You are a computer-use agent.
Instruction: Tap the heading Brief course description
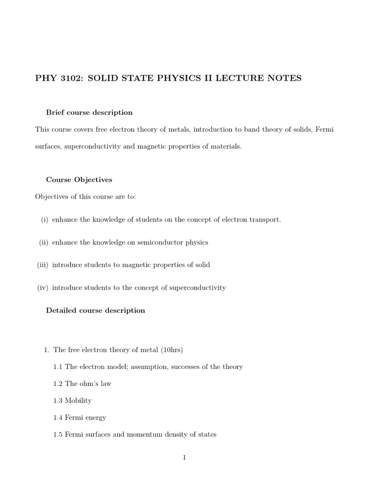click(x=89, y=112)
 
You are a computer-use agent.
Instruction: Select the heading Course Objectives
click(x=79, y=180)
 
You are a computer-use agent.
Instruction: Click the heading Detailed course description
click(x=95, y=310)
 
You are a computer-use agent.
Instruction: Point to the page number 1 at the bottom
click(x=184, y=457)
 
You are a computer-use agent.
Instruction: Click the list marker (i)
click(x=45, y=220)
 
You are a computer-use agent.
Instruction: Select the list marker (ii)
click(x=44, y=242)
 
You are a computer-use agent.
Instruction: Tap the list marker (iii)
click(x=43, y=265)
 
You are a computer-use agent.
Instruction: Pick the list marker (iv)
click(x=43, y=288)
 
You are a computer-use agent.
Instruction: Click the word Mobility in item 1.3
click(x=78, y=400)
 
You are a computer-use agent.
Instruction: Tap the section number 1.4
click(x=58, y=418)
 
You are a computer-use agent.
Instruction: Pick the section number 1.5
click(x=58, y=434)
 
